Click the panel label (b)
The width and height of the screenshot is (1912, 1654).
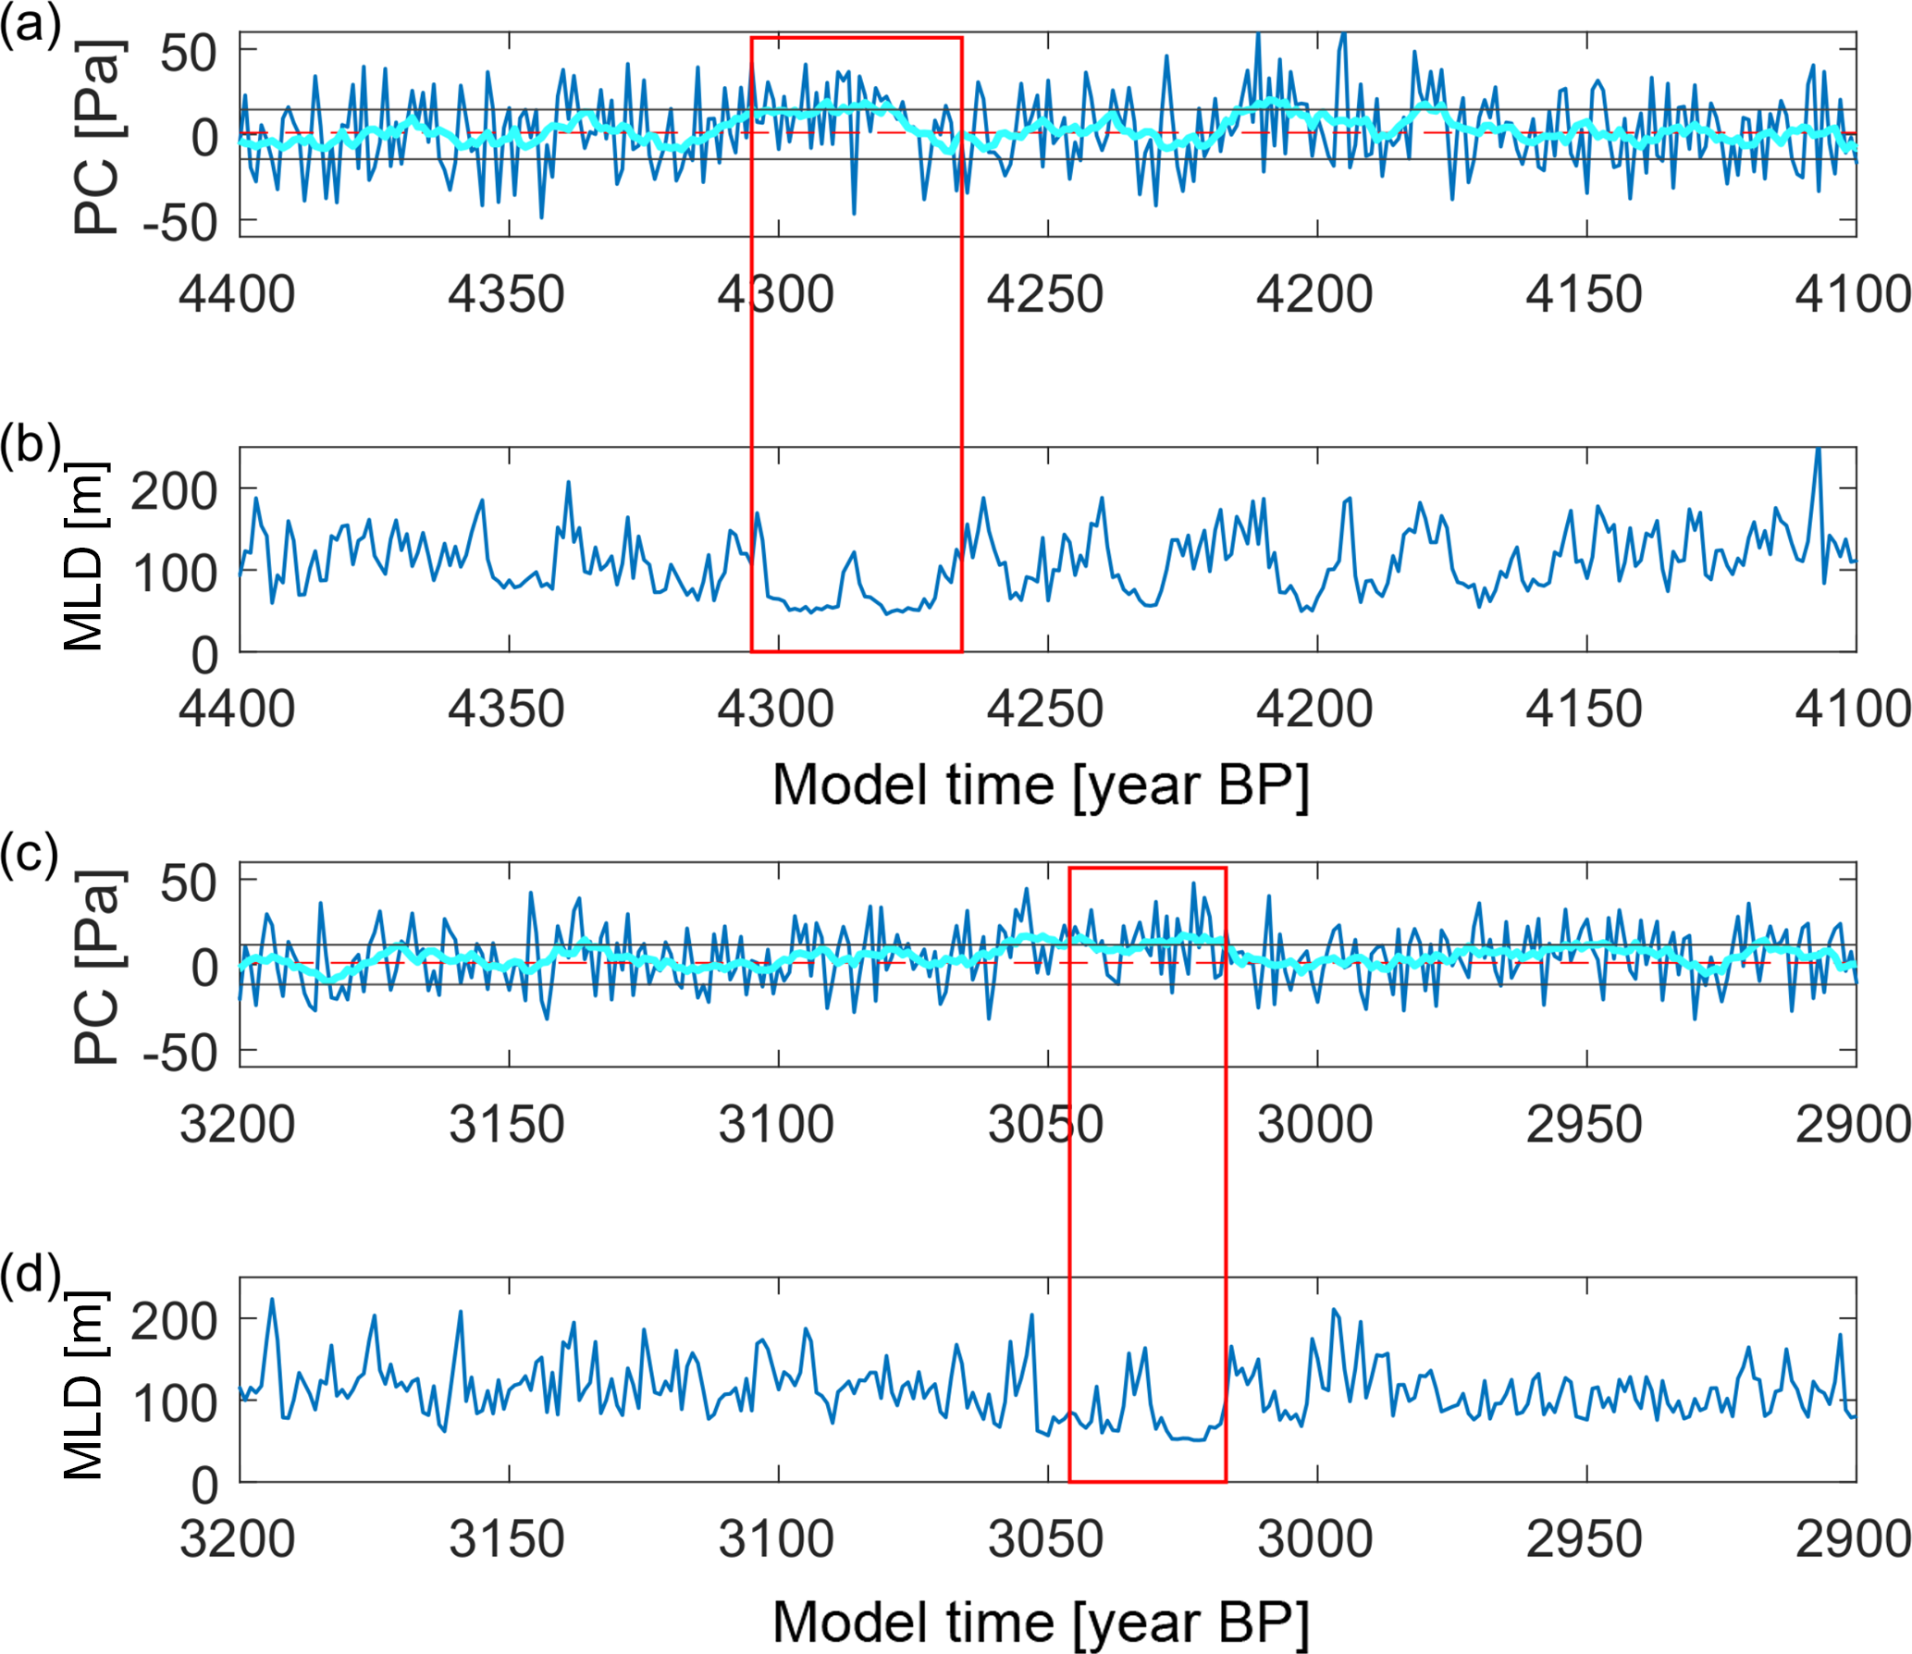(x=30, y=445)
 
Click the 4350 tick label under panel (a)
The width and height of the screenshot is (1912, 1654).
(x=506, y=295)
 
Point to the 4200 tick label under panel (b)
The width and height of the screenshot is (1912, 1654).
(x=1314, y=710)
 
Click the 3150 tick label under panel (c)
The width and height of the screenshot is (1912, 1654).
(x=506, y=1126)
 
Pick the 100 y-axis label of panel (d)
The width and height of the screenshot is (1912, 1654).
(x=175, y=1403)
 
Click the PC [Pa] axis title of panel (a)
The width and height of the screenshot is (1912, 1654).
(x=96, y=136)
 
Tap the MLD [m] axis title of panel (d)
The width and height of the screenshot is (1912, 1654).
(x=84, y=1384)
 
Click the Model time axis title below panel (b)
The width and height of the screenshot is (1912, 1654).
(x=1041, y=785)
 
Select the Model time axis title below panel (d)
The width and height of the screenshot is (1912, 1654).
(x=1041, y=1622)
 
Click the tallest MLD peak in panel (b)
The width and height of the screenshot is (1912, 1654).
(x=1818, y=451)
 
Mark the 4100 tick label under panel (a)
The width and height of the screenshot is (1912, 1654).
(x=1852, y=295)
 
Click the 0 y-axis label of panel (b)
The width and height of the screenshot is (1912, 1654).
(x=204, y=656)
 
